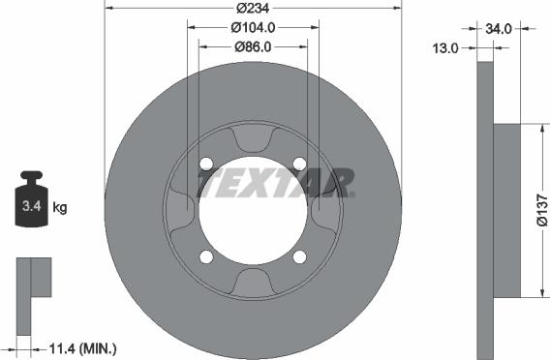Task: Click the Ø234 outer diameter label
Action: [x=253, y=8]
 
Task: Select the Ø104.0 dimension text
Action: [x=253, y=27]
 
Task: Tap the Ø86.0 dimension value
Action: [x=253, y=47]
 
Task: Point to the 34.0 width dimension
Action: [x=499, y=29]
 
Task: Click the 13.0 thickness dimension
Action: [x=445, y=48]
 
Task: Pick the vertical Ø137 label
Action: [x=542, y=210]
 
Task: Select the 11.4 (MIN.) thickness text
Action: [x=82, y=348]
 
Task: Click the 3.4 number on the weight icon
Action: [x=32, y=206]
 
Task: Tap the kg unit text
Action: [x=60, y=207]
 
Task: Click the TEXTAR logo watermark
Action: [x=276, y=183]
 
